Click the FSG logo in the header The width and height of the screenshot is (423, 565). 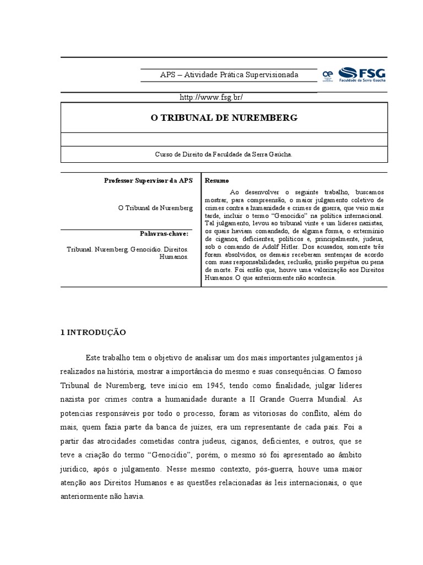point(361,74)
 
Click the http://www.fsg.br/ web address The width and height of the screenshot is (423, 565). point(211,97)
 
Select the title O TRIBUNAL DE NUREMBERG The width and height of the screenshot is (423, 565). point(224,118)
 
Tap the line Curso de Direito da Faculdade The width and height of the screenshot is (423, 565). point(224,155)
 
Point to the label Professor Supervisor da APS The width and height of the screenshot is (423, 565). point(149,180)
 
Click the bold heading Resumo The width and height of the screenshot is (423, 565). point(217,180)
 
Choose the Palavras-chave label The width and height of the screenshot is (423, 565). point(164,234)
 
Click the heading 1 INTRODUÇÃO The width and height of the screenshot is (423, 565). point(93,332)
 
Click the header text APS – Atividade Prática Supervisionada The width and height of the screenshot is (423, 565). point(229,74)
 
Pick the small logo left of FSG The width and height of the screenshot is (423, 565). point(328,74)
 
